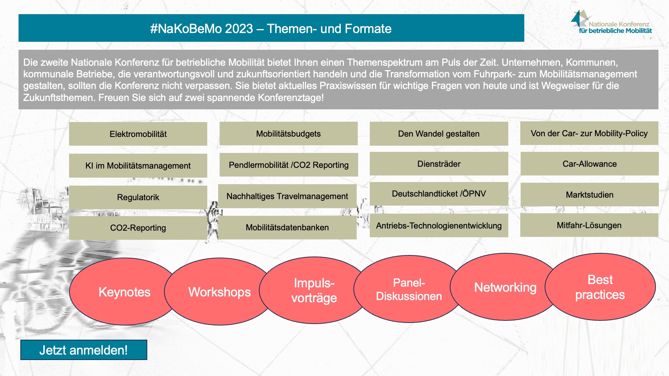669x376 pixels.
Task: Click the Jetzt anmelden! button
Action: pyautogui.click(x=84, y=350)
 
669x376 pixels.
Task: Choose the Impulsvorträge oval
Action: pyautogui.click(x=314, y=290)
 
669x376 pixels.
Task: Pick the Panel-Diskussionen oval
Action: pyautogui.click(x=409, y=289)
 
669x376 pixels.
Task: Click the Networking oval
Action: pyautogui.click(x=505, y=287)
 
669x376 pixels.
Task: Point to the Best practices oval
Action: pyautogui.click(x=600, y=287)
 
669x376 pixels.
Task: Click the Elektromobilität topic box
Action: pyautogui.click(x=138, y=134)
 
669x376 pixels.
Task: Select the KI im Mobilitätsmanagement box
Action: pyautogui.click(x=138, y=166)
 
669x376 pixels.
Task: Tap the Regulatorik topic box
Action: pyautogui.click(x=138, y=197)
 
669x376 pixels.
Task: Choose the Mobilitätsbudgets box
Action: pyautogui.click(x=289, y=134)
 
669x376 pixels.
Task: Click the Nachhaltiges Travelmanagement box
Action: pyautogui.click(x=287, y=196)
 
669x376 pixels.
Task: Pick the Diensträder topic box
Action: pyautogui.click(x=439, y=164)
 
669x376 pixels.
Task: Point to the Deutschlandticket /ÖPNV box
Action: pyautogui.click(x=439, y=194)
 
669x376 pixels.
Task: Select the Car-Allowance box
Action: pyautogui.click(x=590, y=164)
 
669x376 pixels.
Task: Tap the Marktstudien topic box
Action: pyautogui.click(x=590, y=195)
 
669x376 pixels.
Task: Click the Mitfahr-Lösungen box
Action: pyautogui.click(x=589, y=225)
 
